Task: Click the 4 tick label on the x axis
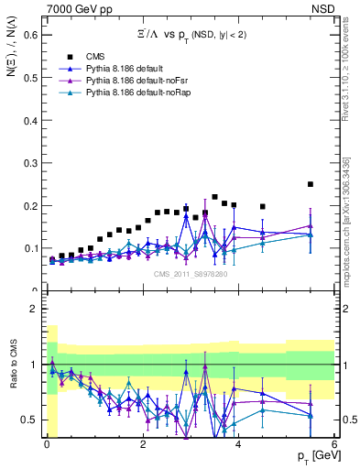[238, 443]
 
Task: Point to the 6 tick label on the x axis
[334, 443]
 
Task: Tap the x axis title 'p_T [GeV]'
[314, 456]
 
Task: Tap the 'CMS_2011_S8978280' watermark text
[191, 273]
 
